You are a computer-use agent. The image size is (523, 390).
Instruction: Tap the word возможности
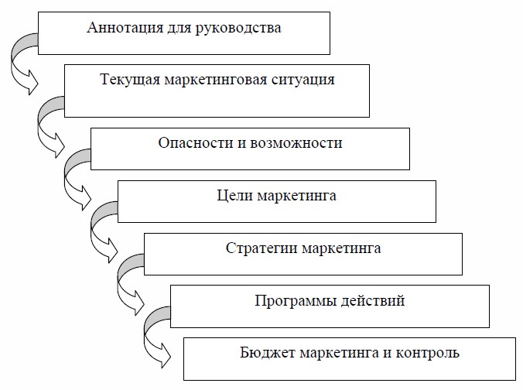pos(303,143)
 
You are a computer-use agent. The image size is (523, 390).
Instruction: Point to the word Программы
pos(288,300)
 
